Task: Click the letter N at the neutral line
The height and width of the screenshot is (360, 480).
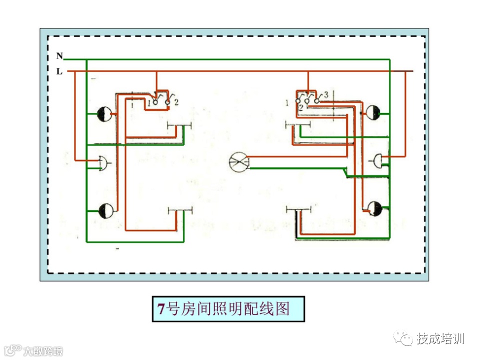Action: [x=59, y=56]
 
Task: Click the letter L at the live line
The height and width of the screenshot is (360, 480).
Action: [x=59, y=71]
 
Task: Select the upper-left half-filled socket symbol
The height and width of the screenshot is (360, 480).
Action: [x=104, y=114]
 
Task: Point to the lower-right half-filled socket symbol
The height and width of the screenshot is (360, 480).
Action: [x=373, y=208]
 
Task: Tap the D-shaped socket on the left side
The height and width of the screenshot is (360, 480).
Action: [x=102, y=162]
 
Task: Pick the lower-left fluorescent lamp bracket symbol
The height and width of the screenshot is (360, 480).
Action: [x=180, y=209]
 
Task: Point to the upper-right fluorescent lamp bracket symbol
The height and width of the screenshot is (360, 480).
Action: [x=297, y=123]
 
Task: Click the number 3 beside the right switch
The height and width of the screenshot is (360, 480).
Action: [x=325, y=94]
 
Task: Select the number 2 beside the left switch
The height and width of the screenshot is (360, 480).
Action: [x=176, y=102]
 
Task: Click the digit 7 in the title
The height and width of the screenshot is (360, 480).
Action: [x=161, y=309]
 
